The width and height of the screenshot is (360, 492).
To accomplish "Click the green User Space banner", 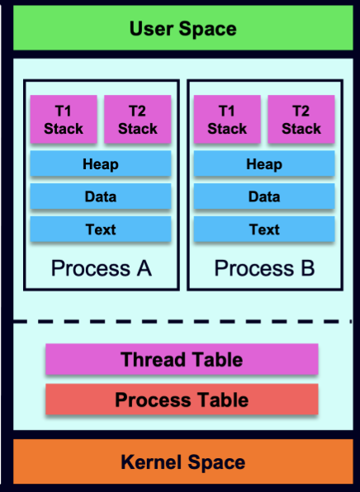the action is click(x=183, y=28).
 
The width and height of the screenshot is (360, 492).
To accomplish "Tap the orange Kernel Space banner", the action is click(x=183, y=461).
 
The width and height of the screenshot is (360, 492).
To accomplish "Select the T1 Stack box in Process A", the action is click(x=64, y=119).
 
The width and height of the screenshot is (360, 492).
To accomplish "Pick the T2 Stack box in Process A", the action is click(x=137, y=119).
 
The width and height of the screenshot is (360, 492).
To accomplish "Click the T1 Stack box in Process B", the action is click(x=227, y=119).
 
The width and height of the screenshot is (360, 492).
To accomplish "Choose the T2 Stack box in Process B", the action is click(x=301, y=119).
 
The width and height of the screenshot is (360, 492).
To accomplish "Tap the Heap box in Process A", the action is click(x=101, y=163).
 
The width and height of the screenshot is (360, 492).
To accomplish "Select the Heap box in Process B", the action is click(x=264, y=163).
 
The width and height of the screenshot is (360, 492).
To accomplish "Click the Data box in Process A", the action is click(x=101, y=196).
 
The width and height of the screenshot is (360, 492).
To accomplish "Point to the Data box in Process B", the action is click(x=264, y=196).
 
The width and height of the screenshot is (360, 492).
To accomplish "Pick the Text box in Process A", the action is click(x=101, y=229).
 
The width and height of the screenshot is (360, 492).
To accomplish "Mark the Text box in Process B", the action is click(x=264, y=229).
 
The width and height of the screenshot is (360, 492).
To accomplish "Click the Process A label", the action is click(x=102, y=268).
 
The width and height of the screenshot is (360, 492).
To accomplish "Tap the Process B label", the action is click(x=264, y=268).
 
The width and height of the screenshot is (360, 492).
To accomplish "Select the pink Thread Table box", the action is click(x=182, y=359).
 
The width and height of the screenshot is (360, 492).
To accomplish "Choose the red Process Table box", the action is click(x=182, y=400).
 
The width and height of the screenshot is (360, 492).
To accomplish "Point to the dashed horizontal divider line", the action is click(x=182, y=322).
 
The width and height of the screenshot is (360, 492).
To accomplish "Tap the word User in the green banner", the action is click(x=152, y=29).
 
